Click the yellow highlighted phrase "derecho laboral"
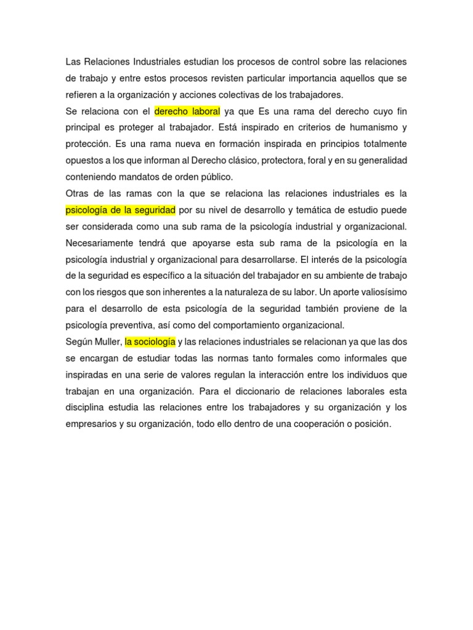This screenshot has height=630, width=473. pos(187,111)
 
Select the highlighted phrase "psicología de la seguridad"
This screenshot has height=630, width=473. pos(121,210)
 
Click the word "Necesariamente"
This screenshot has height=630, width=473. pos(102,242)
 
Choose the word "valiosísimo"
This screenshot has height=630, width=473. pos(378,292)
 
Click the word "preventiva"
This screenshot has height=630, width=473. pos(132,325)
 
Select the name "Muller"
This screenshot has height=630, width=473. pos(108,341)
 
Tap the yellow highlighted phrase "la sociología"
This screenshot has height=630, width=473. pos(150,341)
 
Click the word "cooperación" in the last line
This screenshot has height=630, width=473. pos(311,424)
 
